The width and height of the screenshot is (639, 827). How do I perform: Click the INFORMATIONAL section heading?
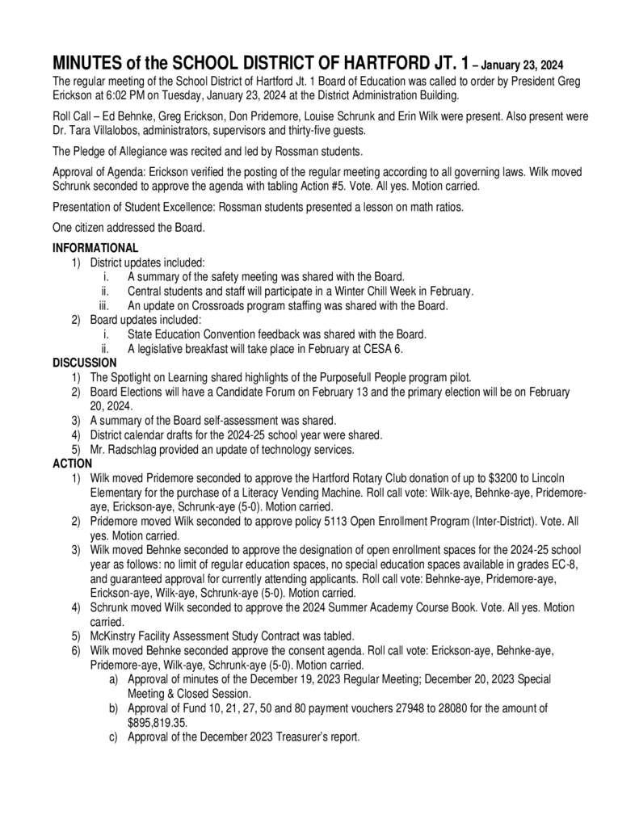click(95, 248)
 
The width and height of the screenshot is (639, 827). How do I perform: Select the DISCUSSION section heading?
click(85, 363)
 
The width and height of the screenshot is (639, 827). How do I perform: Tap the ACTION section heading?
click(72, 464)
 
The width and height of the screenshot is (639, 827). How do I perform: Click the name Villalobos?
click(111, 131)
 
